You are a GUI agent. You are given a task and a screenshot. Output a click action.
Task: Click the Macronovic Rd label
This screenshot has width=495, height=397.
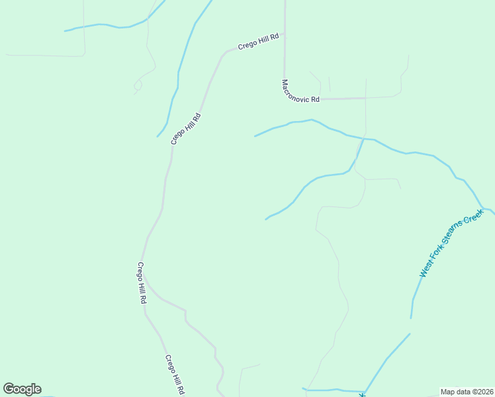[300, 91]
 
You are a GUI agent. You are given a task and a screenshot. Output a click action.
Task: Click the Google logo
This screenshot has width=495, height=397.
[22, 389]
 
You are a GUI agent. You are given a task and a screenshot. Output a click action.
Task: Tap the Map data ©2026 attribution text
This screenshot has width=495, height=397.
[467, 392]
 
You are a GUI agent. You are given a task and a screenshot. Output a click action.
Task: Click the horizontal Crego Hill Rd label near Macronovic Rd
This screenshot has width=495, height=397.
[259, 42]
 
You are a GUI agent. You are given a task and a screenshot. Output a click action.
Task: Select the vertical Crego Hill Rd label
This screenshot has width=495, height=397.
[142, 283]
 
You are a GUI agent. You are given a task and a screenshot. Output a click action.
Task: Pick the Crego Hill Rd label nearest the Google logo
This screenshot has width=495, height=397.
[174, 374]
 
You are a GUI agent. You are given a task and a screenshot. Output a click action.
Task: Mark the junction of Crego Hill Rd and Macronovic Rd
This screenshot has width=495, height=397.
[284, 34]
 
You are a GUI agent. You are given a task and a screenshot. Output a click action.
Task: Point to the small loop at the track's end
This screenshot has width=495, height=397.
[138, 85]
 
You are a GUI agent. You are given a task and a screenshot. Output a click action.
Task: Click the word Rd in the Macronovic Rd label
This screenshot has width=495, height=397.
[315, 99]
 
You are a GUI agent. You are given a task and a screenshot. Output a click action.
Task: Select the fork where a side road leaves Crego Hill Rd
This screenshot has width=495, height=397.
[145, 283]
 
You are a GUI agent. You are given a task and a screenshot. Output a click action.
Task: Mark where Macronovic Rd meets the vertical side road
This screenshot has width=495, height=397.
[365, 99]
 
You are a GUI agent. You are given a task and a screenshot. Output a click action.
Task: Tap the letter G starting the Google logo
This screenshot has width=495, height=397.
[9, 389]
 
